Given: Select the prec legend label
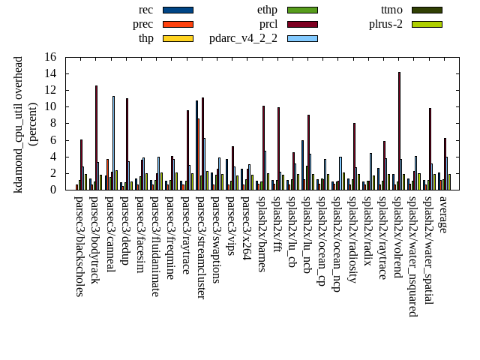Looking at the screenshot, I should [142, 24].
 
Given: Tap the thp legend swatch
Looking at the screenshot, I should [178, 38].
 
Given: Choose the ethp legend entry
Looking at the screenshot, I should [267, 10].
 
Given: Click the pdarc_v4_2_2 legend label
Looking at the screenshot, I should [243, 38].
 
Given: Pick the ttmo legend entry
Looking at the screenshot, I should [391, 10].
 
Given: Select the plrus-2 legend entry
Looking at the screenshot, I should [385, 24].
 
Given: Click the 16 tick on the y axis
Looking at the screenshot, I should [50, 57].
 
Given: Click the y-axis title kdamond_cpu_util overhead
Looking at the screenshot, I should [19, 124].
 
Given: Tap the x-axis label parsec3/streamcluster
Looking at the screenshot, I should [201, 248].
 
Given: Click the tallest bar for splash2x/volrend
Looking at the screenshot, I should [399, 130].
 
